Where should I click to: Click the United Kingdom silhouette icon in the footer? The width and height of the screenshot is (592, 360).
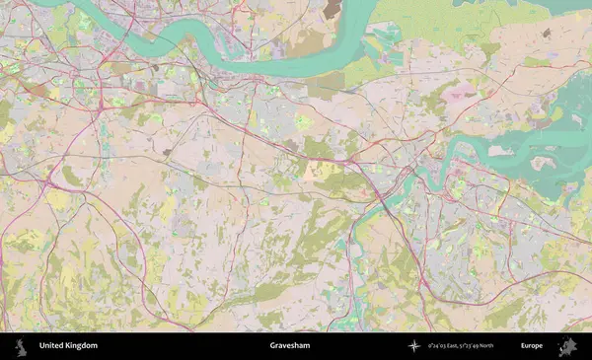[20, 346]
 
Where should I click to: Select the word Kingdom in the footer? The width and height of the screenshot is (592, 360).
[82, 346]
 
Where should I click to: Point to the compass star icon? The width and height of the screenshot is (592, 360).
[414, 346]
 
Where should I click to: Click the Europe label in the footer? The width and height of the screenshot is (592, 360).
[532, 346]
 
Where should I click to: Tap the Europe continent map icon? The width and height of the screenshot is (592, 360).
[567, 346]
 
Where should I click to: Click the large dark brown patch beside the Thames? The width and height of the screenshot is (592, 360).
[333, 9]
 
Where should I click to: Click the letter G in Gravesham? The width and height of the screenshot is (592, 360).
[272, 346]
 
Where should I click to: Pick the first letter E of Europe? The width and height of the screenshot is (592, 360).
[523, 346]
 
